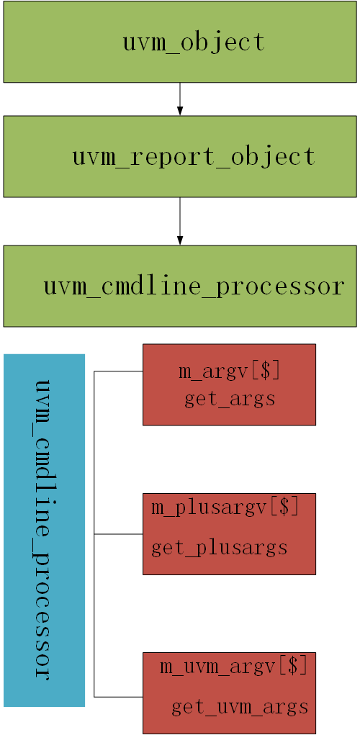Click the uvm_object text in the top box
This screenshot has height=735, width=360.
[194, 42]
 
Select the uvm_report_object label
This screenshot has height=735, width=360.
[194, 156]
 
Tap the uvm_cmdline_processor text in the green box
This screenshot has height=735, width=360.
[194, 286]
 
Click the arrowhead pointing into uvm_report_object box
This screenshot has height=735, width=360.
[180, 111]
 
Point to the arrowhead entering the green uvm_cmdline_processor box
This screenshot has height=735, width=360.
[180, 240]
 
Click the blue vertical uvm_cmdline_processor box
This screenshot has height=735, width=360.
[44, 530]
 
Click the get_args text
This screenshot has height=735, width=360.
[230, 398]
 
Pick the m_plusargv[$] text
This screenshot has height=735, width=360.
[225, 507]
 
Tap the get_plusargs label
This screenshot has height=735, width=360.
[220, 548]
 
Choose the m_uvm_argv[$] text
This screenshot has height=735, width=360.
[233, 667]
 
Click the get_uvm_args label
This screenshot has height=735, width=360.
[240, 707]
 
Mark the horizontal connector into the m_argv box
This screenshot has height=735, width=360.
[119, 371]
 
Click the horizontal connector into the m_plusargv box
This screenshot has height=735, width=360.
[119, 534]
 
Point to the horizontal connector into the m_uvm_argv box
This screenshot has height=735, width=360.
[119, 697]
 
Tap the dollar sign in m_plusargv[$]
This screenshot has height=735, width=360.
[284, 507]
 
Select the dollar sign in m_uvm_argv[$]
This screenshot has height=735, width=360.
[293, 667]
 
